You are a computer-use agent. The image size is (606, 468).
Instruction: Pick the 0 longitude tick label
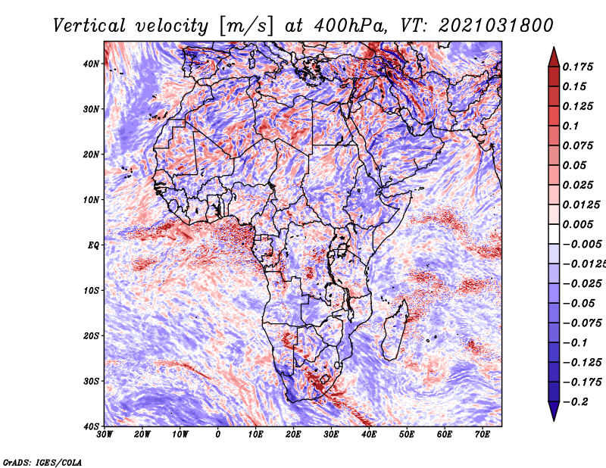[218, 435]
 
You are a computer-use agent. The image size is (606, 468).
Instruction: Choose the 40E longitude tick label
[369, 435]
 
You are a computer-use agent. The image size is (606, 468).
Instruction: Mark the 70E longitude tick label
[483, 435]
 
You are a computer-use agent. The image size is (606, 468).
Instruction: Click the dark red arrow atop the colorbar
[554, 55]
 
